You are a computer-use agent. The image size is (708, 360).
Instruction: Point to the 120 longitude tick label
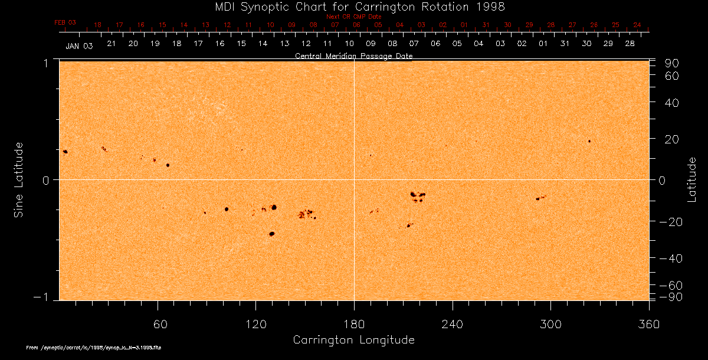tap(255, 324)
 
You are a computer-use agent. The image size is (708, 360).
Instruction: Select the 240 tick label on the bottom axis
tap(452, 324)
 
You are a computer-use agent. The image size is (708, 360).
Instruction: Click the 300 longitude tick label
tap(550, 324)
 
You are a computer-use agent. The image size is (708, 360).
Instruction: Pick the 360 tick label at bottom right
tap(648, 324)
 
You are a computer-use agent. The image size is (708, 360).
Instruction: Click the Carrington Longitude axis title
tap(353, 340)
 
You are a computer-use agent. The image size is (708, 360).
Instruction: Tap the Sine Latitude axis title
tap(19, 179)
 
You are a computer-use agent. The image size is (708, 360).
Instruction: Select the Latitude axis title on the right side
tap(692, 179)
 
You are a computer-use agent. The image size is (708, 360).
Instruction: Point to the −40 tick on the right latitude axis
tap(671, 258)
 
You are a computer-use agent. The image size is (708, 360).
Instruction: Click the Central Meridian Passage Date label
tap(353, 56)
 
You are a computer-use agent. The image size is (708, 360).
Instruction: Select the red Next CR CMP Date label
tap(353, 17)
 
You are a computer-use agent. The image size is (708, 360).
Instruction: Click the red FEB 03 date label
tap(65, 22)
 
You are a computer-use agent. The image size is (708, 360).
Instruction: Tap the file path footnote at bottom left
tap(94, 348)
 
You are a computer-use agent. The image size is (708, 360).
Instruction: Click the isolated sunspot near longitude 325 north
tap(589, 141)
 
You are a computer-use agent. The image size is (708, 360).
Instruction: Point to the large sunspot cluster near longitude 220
tap(418, 195)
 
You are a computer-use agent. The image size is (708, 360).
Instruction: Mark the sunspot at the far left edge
tap(65, 152)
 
